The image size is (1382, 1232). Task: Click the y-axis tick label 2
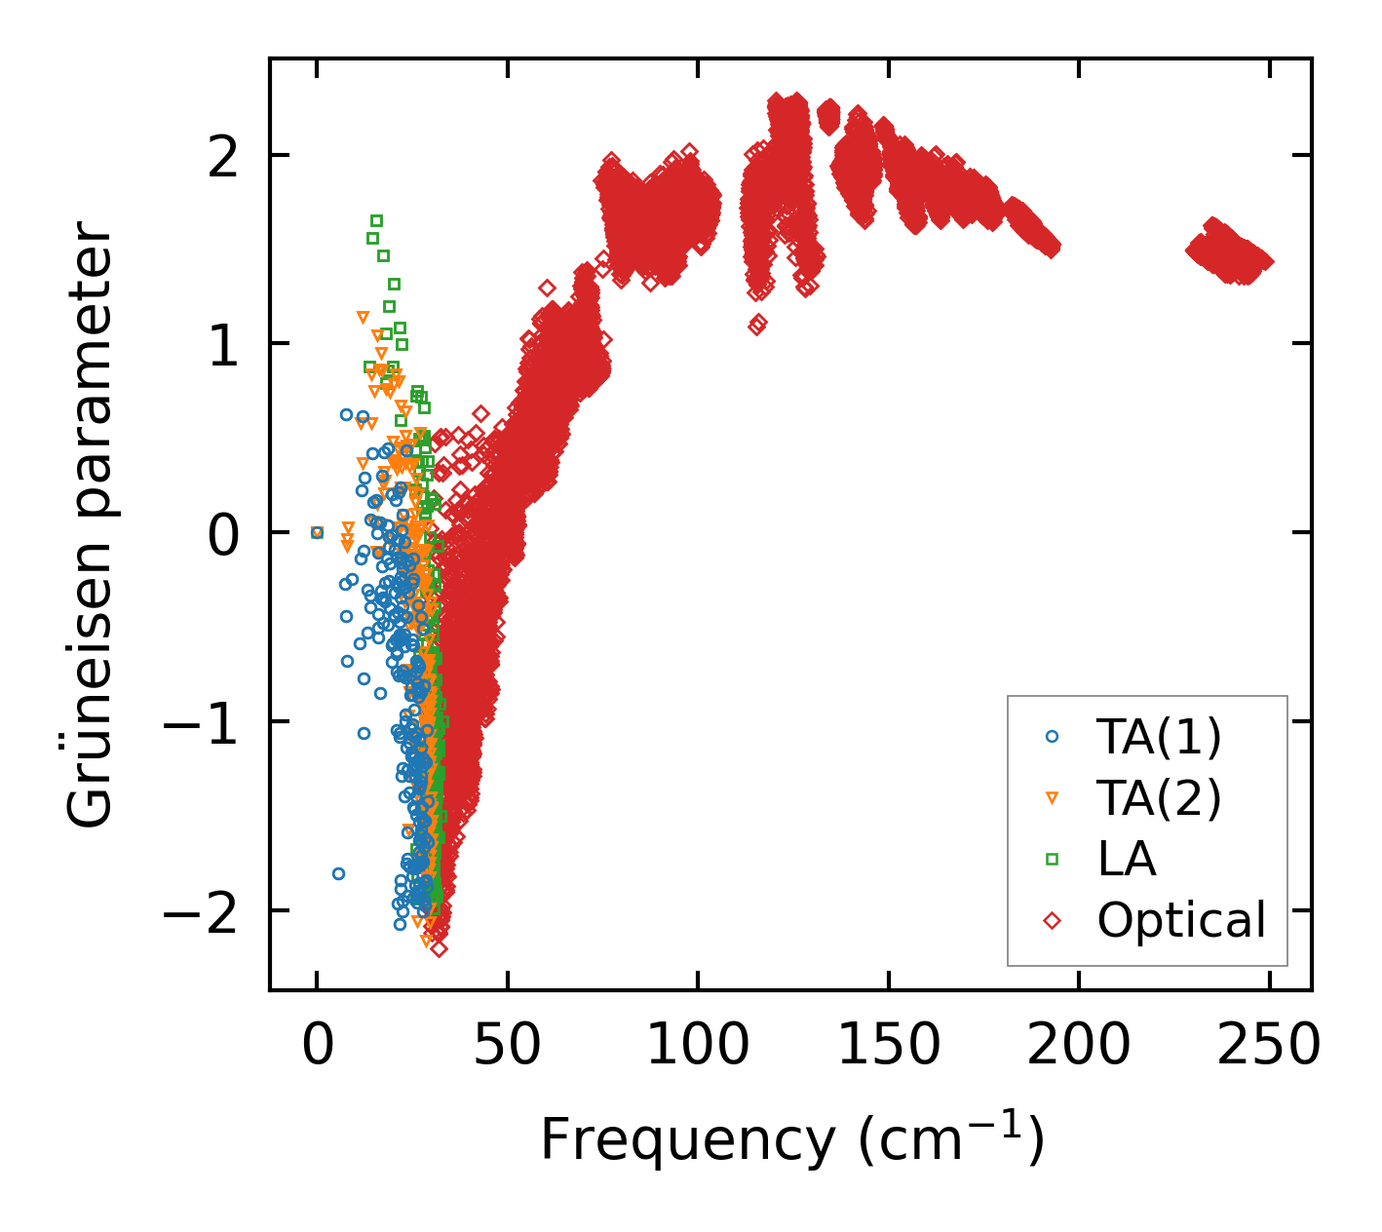[223, 156]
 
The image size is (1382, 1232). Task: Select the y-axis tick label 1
[223, 344]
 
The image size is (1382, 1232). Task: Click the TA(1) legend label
[1159, 738]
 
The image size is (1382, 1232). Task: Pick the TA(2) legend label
[1159, 798]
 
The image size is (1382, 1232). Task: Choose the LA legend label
[1127, 859]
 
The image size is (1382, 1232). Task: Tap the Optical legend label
[1181, 920]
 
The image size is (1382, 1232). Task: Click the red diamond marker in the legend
[1052, 920]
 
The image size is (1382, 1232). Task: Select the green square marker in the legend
[1052, 859]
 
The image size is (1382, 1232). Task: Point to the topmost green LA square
[376, 220]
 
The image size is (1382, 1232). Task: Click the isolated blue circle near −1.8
[338, 873]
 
